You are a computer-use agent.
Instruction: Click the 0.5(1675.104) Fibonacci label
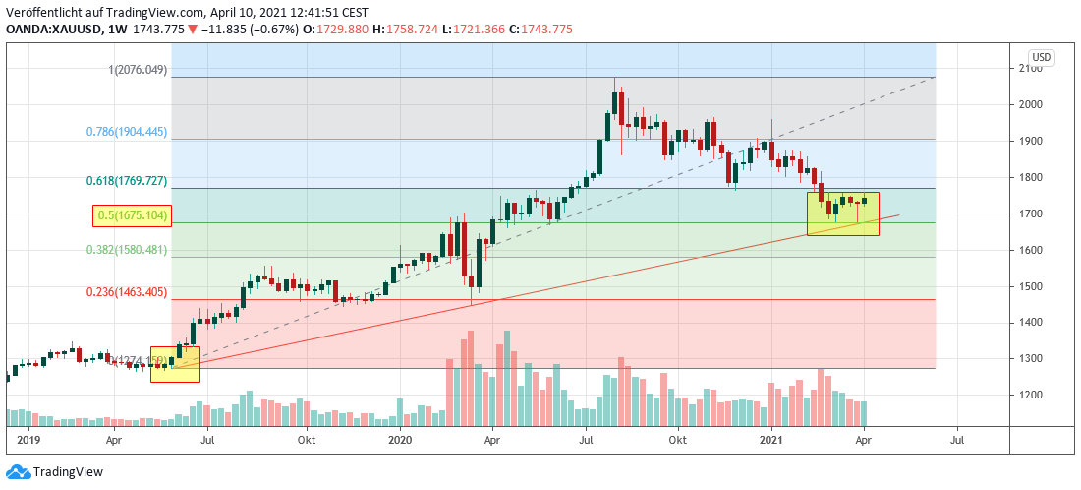pos(132,216)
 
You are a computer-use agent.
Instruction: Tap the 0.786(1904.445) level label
pos(126,132)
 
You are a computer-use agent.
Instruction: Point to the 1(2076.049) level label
pos(139,70)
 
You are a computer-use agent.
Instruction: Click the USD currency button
pos(1041,58)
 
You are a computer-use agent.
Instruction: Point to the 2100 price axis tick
pos(1031,68)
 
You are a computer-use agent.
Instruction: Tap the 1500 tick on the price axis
pos(1031,286)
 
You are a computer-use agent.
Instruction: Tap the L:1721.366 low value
pos(476,30)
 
